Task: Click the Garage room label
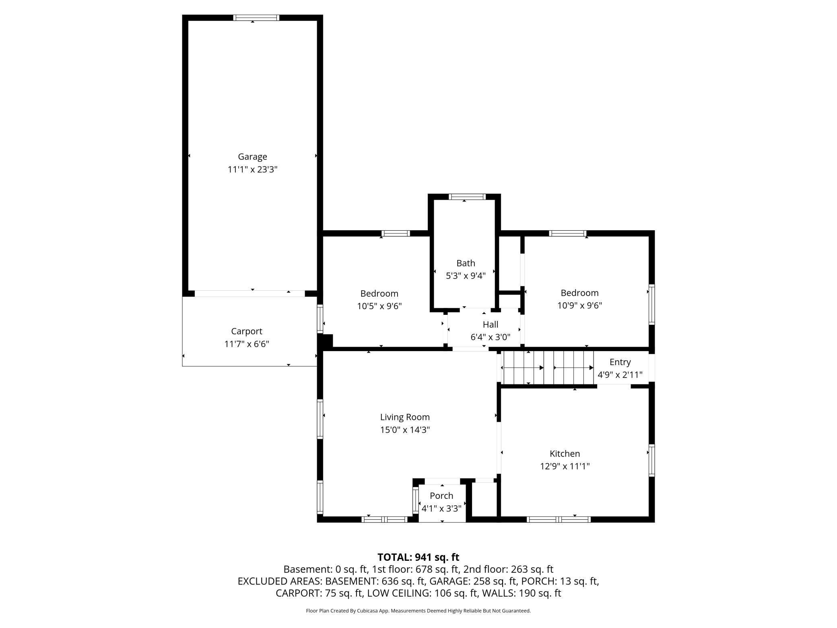[252, 157]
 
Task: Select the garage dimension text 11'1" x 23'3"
[252, 169]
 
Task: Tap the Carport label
[246, 331]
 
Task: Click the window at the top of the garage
[256, 18]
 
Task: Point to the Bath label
[466, 263]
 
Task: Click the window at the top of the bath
[467, 197]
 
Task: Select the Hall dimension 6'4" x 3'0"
[490, 337]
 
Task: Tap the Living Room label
[405, 417]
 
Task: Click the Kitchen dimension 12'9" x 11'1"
[565, 466]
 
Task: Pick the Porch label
[441, 496]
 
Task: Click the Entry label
[620, 362]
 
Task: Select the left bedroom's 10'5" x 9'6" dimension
[379, 306]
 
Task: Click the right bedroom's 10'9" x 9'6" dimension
[579, 306]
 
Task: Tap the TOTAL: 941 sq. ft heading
[418, 557]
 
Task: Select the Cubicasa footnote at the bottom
[418, 611]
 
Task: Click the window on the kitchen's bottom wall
[559, 519]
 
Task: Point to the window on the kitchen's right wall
[651, 460]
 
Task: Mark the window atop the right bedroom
[567, 233]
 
